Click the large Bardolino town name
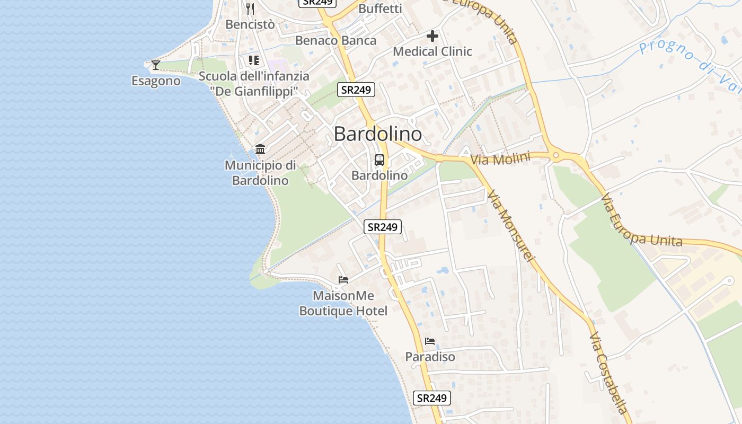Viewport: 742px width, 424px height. click(x=378, y=134)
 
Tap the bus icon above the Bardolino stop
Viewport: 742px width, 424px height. click(x=379, y=160)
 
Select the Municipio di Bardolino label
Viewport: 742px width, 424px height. click(x=260, y=173)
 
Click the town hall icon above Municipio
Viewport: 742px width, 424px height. click(x=260, y=149)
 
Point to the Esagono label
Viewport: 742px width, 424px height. click(x=156, y=81)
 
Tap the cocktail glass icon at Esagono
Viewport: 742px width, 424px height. click(x=155, y=65)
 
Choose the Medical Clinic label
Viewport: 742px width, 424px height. click(x=432, y=51)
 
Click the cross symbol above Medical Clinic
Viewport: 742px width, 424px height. click(x=432, y=36)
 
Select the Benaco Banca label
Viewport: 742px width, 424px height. click(x=336, y=40)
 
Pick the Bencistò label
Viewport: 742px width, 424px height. click(x=250, y=24)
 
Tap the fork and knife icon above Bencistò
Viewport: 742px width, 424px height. click(x=250, y=8)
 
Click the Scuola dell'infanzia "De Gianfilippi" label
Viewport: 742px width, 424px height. click(x=254, y=84)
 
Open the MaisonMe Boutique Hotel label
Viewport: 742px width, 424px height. click(x=343, y=303)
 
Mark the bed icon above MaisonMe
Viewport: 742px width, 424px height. click(x=343, y=279)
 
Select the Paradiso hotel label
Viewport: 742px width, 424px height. click(x=430, y=357)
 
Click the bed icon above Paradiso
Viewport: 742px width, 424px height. click(x=430, y=341)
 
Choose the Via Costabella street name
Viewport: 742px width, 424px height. click(x=609, y=373)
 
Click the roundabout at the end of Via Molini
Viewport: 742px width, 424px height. click(x=555, y=156)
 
